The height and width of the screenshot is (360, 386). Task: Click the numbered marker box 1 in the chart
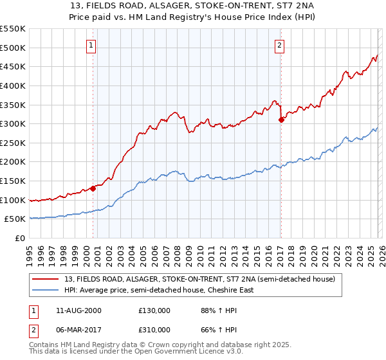pyautogui.click(x=93, y=45)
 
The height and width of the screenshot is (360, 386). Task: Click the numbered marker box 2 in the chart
pyautogui.click(x=280, y=45)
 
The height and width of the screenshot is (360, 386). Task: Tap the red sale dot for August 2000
pyautogui.click(x=93, y=188)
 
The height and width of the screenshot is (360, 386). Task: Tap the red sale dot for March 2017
pyautogui.click(x=281, y=120)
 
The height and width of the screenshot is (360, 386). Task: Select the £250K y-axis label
pyautogui.click(x=13, y=143)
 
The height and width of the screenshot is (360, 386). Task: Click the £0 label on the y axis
pyautogui.click(x=19, y=239)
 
